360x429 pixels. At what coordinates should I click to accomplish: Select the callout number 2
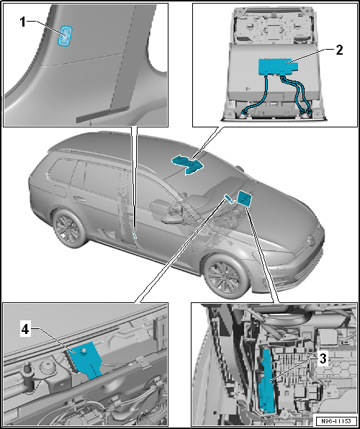pos(339,50)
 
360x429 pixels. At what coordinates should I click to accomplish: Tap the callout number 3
pos(323,359)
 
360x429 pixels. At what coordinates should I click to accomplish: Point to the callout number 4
pos(25,330)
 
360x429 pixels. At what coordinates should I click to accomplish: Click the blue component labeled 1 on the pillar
pos(65,35)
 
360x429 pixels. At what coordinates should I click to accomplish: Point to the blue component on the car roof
pos(187,163)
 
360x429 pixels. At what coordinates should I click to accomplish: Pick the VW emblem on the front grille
pos(311,240)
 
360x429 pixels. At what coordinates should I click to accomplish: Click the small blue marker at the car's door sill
pos(135,236)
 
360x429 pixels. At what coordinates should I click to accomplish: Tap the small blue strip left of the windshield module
pos(229,199)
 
